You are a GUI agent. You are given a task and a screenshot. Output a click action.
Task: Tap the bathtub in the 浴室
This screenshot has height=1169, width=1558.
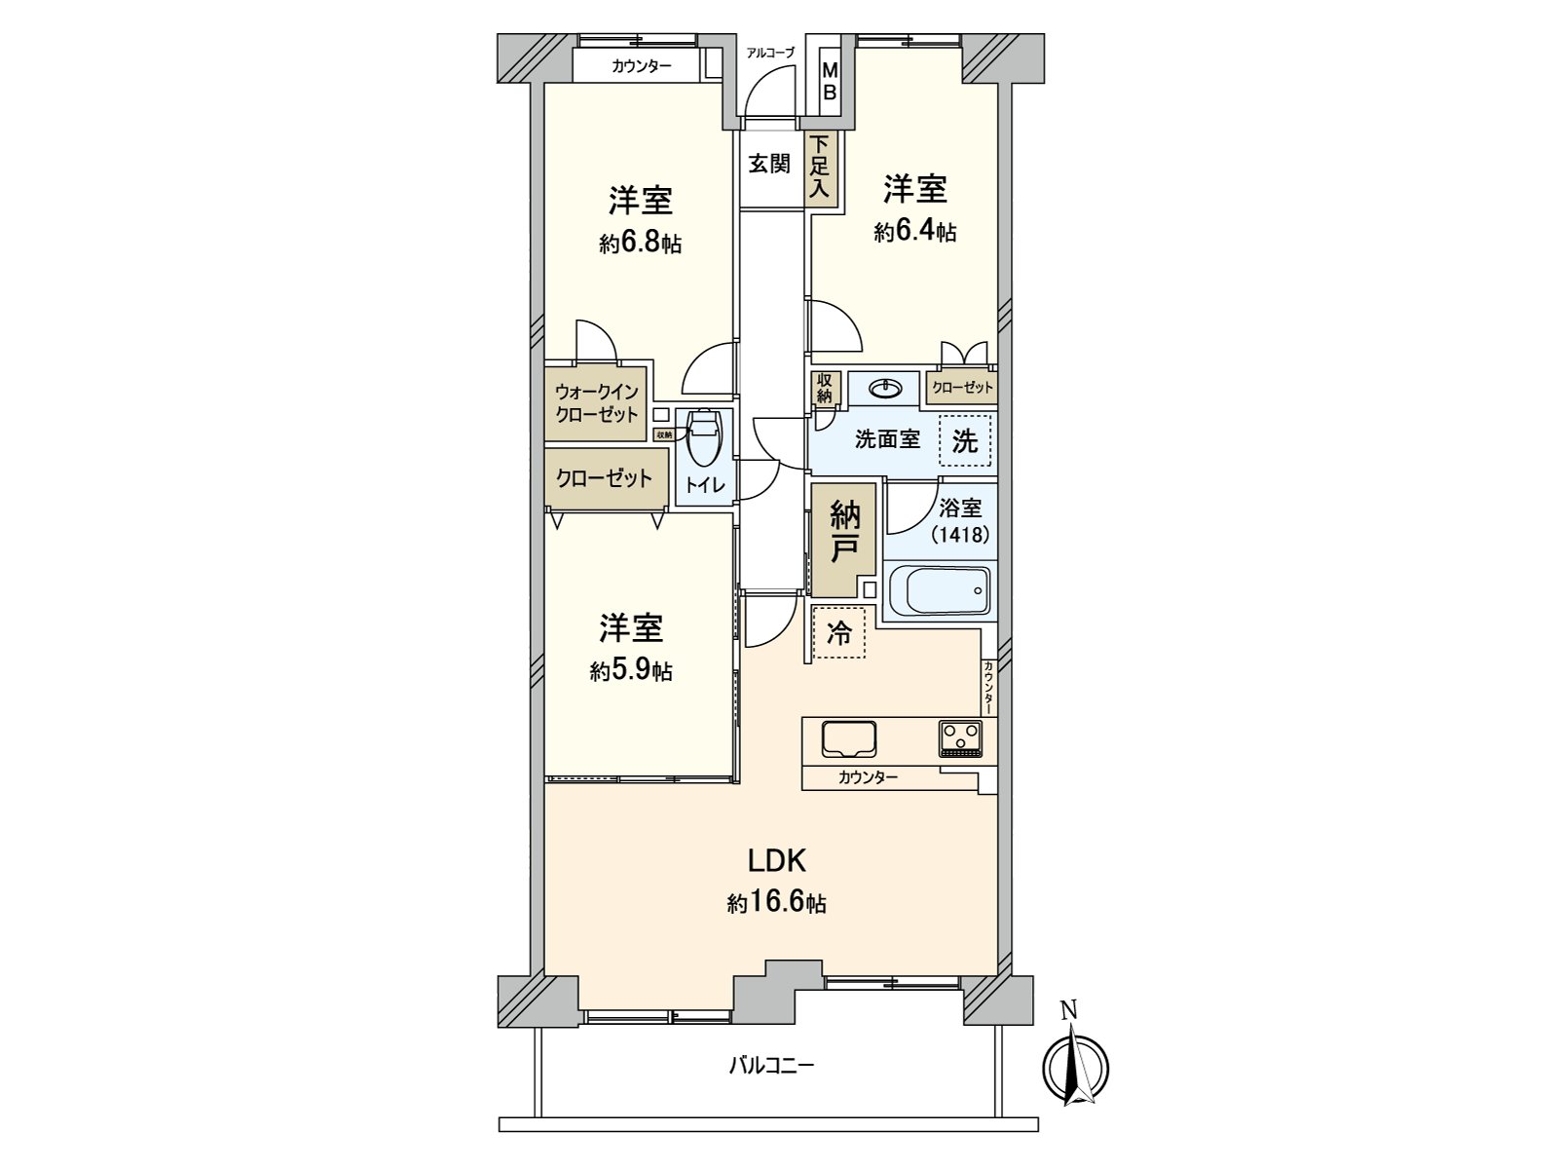coord(940,589)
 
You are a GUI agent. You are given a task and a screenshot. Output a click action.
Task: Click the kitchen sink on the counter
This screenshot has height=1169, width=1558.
coord(849,738)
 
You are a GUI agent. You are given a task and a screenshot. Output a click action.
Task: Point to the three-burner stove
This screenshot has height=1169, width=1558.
coord(962,737)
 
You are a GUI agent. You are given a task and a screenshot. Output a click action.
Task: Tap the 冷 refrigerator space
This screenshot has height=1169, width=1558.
coord(838,633)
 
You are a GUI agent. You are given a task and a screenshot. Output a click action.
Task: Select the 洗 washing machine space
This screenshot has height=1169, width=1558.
coord(964,440)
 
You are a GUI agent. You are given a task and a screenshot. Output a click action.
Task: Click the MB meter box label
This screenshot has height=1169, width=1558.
coord(830,81)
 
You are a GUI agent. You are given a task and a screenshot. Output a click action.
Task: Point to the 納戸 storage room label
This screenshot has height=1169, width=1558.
coord(843,532)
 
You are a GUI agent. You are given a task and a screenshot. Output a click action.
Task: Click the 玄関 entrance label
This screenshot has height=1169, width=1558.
coord(769,163)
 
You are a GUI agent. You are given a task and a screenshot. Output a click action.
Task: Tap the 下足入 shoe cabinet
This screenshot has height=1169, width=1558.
coord(819,168)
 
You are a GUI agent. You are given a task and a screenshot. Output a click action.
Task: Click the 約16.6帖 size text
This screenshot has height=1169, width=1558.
coord(776,903)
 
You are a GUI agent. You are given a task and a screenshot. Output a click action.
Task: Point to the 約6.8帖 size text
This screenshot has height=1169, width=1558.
coord(640,244)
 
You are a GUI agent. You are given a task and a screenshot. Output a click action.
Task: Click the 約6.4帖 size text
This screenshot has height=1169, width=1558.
coord(914,231)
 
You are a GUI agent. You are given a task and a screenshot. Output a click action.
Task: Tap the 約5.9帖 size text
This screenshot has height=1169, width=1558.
coord(630,671)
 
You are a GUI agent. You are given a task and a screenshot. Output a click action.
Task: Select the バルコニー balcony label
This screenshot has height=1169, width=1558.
coord(772,1065)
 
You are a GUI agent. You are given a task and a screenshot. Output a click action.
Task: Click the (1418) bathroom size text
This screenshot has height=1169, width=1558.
coord(960,535)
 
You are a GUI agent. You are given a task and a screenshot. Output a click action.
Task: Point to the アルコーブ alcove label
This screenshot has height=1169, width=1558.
coord(769,54)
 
